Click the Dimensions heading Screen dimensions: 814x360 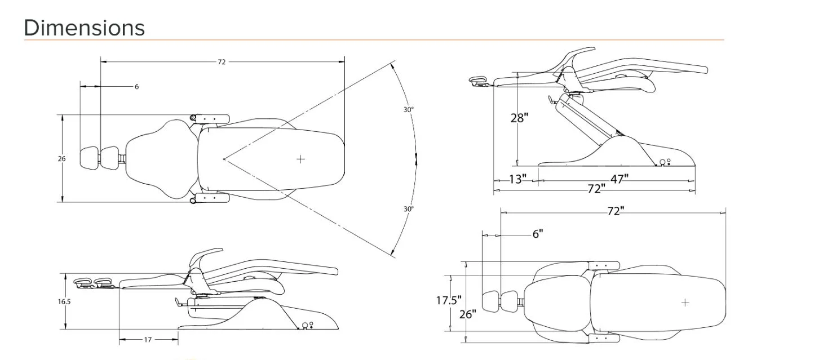point(85,28)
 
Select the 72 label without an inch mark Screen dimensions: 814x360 point(222,62)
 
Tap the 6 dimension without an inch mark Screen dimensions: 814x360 point(136,86)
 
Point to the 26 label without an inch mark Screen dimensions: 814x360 point(62,158)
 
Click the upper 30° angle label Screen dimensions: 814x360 point(409,109)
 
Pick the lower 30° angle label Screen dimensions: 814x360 point(409,209)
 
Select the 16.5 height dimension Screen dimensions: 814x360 point(64,301)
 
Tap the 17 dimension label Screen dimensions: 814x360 point(148,340)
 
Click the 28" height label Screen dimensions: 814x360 point(519,118)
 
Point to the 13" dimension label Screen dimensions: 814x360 point(517,179)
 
